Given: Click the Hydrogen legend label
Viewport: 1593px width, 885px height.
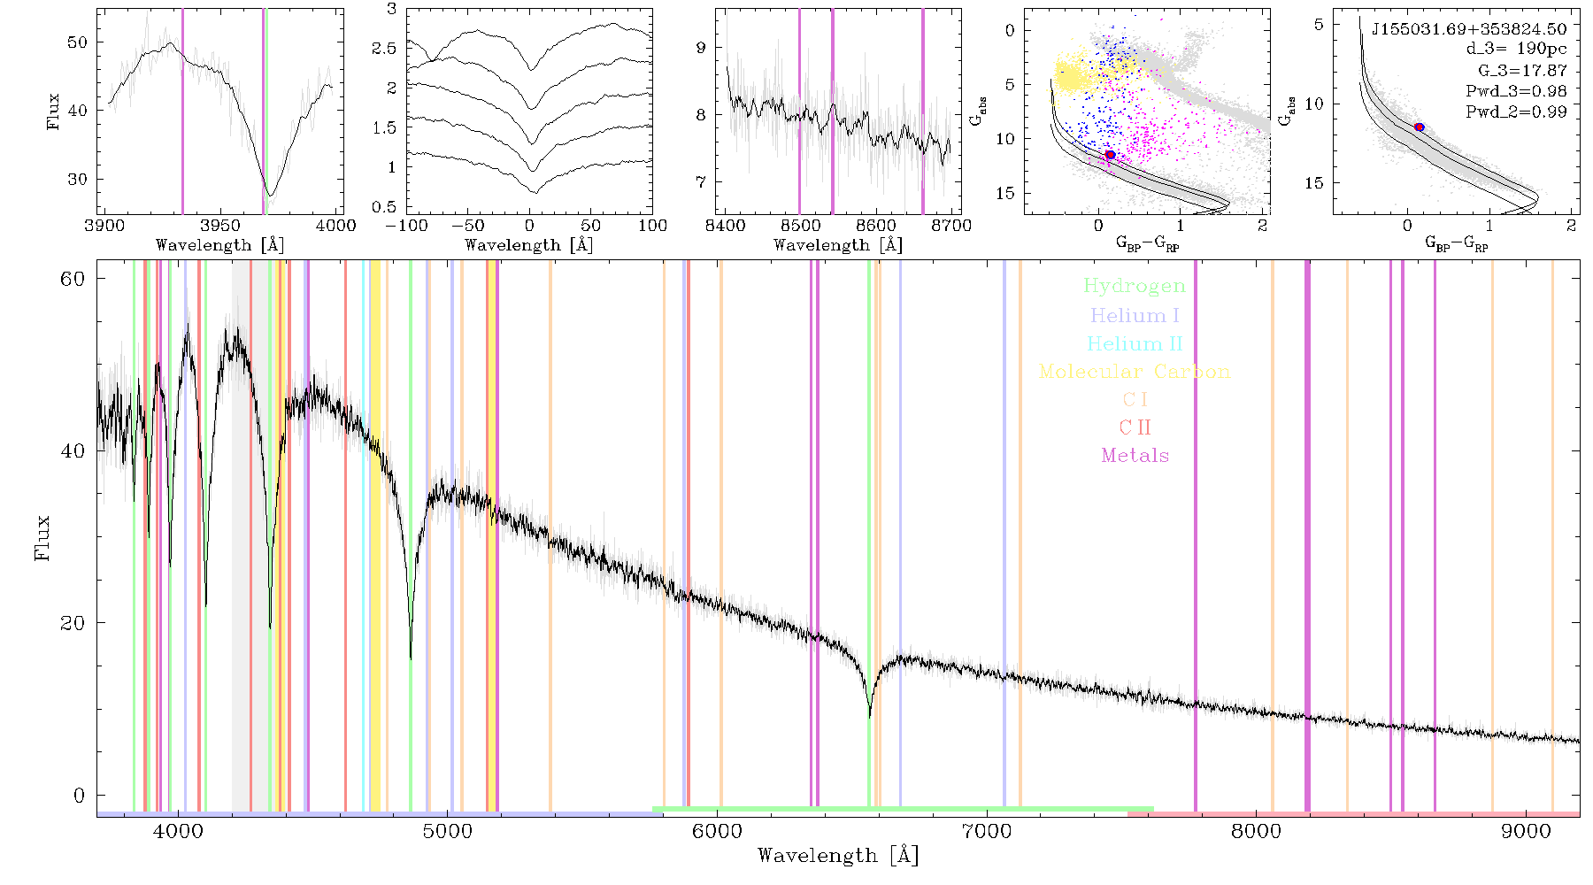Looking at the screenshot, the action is click(1134, 287).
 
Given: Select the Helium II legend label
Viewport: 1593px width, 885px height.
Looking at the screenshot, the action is click(1134, 343).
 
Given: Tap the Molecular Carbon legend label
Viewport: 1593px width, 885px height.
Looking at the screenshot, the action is click(1135, 372).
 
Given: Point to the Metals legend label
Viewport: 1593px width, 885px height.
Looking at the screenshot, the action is click(1135, 456).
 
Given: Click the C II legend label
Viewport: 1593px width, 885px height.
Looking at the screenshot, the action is click(1135, 427).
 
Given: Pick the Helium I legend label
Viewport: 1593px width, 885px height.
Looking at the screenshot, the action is click(1135, 315).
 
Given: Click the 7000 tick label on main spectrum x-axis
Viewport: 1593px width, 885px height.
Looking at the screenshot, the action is click(986, 831).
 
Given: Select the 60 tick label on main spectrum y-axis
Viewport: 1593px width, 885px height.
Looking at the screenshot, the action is click(73, 279).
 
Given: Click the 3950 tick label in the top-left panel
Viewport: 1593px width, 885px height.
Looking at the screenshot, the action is click(219, 225).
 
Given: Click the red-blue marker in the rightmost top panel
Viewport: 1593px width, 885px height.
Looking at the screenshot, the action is click(1419, 127).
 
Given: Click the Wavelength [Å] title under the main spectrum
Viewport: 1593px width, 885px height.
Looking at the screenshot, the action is click(838, 856).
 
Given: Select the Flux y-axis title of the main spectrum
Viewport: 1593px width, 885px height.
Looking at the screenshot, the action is click(41, 537).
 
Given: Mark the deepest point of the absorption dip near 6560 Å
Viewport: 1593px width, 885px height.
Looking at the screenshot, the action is click(870, 716).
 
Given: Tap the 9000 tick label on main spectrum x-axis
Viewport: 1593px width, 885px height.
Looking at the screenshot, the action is click(1526, 831).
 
